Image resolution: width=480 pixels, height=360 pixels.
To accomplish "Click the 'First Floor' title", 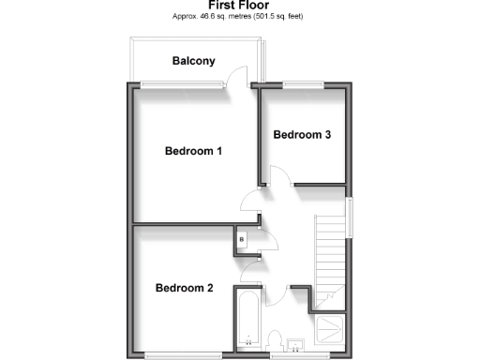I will click(x=239, y=5).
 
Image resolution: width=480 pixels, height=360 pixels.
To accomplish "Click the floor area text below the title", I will click(x=239, y=17).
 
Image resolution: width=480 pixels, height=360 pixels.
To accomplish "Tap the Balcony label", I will click(x=194, y=62).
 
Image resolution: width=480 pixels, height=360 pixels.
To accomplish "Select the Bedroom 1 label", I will click(x=193, y=151).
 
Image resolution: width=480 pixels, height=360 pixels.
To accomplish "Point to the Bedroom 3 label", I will click(x=302, y=135).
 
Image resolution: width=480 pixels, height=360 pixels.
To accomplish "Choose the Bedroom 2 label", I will click(x=184, y=288).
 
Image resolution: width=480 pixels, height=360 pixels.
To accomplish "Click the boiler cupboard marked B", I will click(x=242, y=240).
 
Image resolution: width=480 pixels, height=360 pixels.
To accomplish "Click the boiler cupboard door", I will click(x=268, y=238).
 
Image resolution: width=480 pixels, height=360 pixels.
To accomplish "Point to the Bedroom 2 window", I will click(x=183, y=355).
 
